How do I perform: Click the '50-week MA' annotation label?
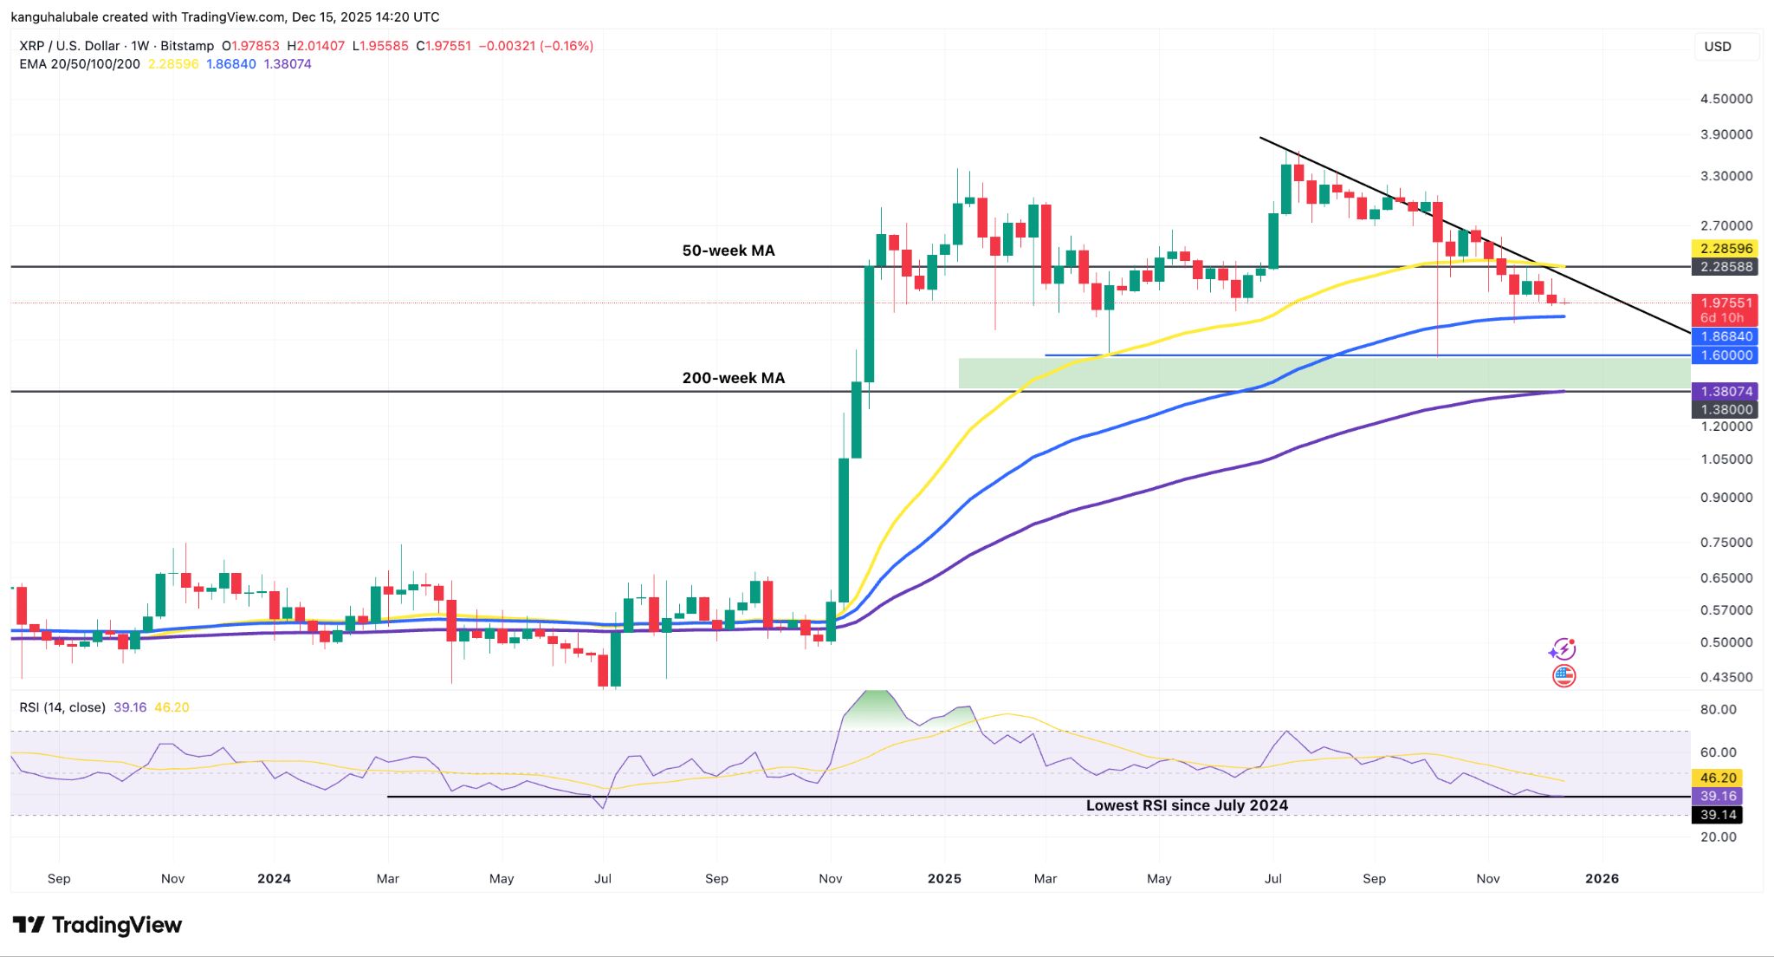[728, 251]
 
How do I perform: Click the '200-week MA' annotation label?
[733, 378]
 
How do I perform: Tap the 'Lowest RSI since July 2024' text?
[1187, 805]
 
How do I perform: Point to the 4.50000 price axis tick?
[1725, 99]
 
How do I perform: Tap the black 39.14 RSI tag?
[1718, 815]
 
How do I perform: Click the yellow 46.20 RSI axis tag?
[1718, 778]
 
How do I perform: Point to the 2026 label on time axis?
[1601, 878]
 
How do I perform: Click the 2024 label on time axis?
[274, 878]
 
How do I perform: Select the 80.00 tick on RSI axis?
[1718, 709]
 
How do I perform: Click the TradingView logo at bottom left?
[97, 925]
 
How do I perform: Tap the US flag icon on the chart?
[1564, 676]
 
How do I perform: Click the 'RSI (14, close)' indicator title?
[62, 707]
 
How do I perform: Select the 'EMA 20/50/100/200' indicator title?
[80, 64]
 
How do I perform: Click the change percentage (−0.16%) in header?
[567, 46]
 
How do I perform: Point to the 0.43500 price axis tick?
[1725, 677]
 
